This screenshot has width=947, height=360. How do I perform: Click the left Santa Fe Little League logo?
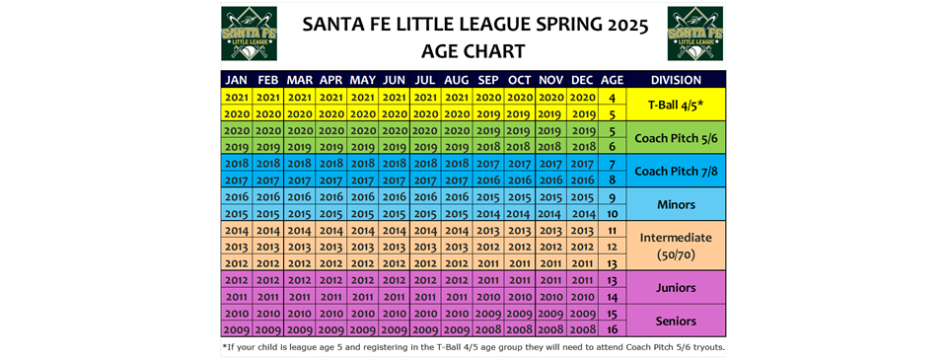point(249,34)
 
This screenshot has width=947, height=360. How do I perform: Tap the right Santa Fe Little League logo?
point(695,34)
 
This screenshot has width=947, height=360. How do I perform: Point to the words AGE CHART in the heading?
point(473,51)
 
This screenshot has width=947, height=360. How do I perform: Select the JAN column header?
point(237,80)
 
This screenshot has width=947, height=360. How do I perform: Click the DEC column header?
point(582,80)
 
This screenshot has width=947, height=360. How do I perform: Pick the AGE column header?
point(613,80)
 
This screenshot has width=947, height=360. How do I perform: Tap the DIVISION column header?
point(677,80)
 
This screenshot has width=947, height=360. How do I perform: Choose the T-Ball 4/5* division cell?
point(677,105)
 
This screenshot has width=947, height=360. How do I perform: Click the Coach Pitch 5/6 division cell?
point(677,138)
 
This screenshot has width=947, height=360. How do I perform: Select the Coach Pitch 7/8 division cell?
point(677,171)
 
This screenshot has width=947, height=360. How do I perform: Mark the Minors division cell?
point(677,204)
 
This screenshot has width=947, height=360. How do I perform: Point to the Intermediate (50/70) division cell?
point(677,246)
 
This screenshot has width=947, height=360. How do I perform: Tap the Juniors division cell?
point(677,288)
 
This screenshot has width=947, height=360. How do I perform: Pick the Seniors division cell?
point(677,321)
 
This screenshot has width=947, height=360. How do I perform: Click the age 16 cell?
point(613,329)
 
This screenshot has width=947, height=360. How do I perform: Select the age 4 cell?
point(613,97)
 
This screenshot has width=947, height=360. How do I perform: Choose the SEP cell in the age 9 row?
point(488,196)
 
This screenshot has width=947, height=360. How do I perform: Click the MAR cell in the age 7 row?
point(300,163)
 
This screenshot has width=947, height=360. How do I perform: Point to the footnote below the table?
point(473,347)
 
